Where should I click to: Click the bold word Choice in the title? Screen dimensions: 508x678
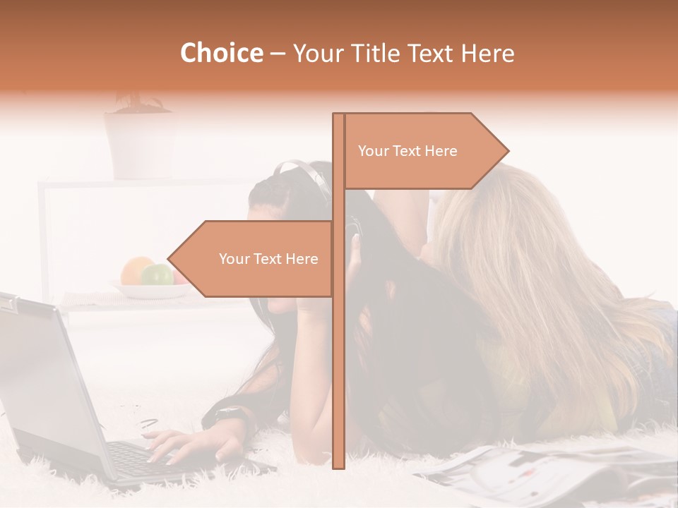(221, 53)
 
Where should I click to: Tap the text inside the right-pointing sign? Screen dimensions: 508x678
(408, 151)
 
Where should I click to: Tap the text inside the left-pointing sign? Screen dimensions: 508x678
(268, 259)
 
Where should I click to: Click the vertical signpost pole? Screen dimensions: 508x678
(339, 353)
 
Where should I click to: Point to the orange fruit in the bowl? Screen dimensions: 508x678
(136, 271)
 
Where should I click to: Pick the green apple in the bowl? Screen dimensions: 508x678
(157, 274)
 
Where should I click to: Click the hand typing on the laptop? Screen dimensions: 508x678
(187, 445)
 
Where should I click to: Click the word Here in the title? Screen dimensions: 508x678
(487, 53)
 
